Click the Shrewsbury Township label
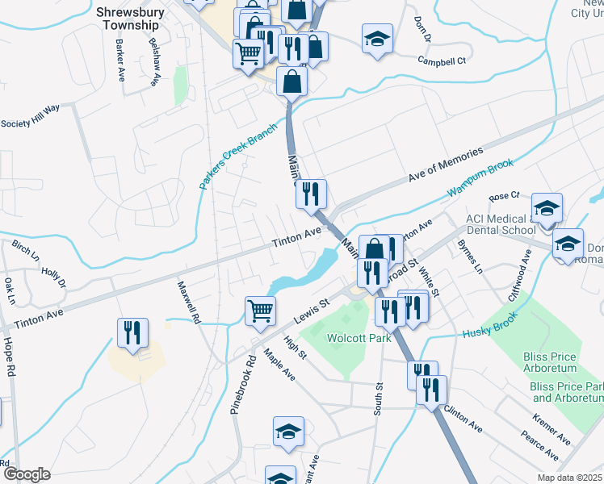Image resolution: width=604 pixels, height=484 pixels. pyautogui.click(x=128, y=19)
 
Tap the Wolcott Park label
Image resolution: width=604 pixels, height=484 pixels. pyautogui.click(x=359, y=338)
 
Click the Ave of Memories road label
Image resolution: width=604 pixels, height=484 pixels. pyautogui.click(x=445, y=165)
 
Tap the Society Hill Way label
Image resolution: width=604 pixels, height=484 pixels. pyautogui.click(x=31, y=116)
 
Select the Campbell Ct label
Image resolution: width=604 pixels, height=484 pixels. pyautogui.click(x=442, y=60)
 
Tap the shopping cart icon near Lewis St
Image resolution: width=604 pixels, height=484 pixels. pyautogui.click(x=260, y=311)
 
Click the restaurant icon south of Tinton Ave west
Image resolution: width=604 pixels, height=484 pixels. pyautogui.click(x=132, y=333)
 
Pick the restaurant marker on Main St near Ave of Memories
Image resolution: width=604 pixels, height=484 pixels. pyautogui.click(x=311, y=194)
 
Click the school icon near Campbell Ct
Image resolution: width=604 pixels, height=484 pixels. pyautogui.click(x=376, y=39)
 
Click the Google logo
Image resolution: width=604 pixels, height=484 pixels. pyautogui.click(x=27, y=474)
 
